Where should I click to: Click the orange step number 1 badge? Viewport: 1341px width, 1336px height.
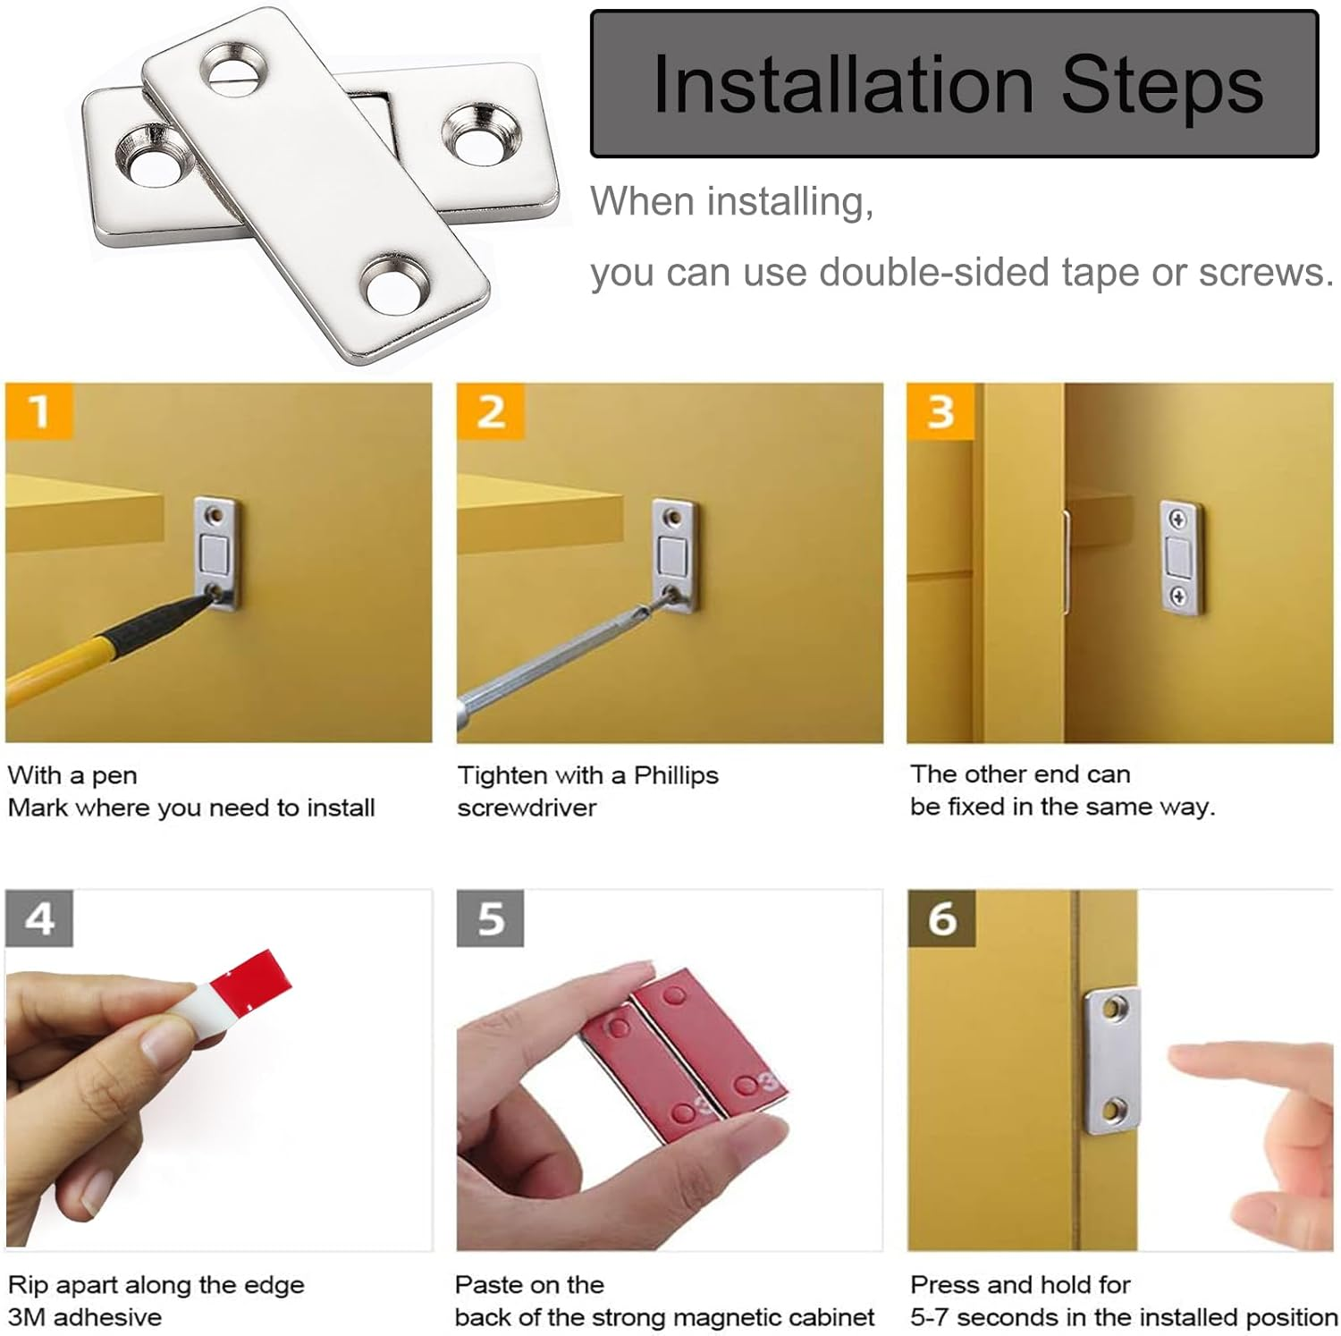(x=38, y=411)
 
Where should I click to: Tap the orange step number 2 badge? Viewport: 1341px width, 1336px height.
(x=490, y=411)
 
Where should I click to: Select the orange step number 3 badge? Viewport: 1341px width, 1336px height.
(x=940, y=411)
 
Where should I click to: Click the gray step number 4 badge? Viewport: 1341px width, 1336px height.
(x=39, y=918)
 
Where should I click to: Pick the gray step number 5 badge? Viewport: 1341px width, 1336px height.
(x=490, y=918)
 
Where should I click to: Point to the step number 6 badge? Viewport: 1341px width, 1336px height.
(x=941, y=918)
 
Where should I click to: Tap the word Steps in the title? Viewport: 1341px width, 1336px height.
(x=1163, y=86)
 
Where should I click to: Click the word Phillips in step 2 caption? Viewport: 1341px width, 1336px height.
(x=676, y=775)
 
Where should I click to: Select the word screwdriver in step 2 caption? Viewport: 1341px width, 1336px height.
(x=527, y=808)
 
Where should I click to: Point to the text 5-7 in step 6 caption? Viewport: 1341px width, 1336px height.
(x=930, y=1317)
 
